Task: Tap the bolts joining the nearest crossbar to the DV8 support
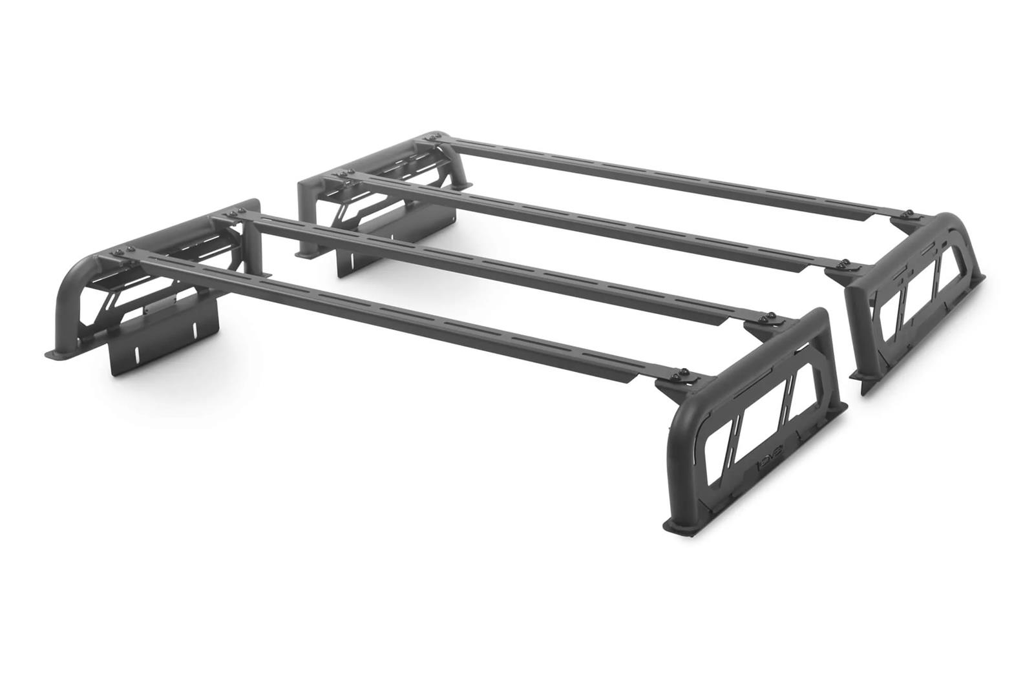[684, 374]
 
